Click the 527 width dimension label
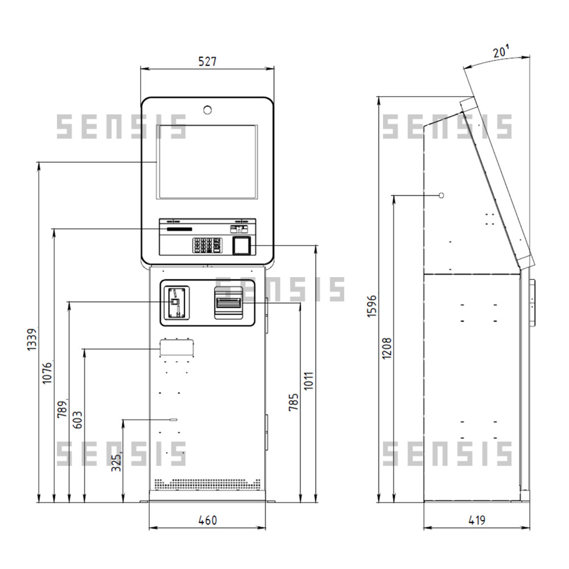point(207,61)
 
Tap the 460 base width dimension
point(208,520)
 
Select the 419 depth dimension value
point(477,520)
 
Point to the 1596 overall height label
point(372,306)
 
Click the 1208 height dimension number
point(387,348)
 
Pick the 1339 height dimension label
point(32,339)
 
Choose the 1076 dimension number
point(47,372)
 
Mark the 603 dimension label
point(77,419)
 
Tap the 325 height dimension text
point(116,463)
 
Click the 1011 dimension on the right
point(308,381)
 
